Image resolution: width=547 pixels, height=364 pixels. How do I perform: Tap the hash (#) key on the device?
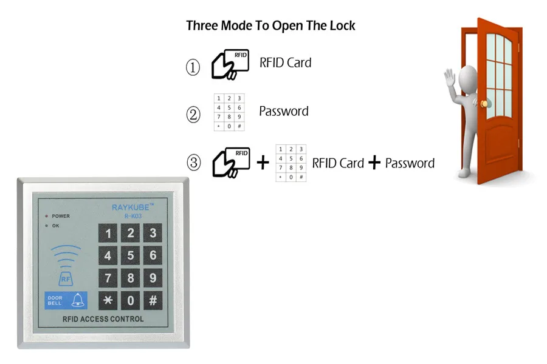(x=153, y=300)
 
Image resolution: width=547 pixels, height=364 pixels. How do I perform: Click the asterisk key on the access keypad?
(x=108, y=300)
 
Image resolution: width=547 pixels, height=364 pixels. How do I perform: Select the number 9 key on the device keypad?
(x=153, y=278)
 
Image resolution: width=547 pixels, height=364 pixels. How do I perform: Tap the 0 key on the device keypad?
(x=131, y=300)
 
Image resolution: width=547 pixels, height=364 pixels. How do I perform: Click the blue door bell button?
(x=66, y=300)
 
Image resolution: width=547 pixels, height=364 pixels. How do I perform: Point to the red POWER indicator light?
(x=46, y=216)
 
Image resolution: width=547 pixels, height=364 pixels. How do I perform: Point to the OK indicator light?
(x=46, y=226)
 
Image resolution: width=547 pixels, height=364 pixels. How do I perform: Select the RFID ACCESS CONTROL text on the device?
(x=103, y=319)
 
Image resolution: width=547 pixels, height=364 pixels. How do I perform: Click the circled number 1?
(x=193, y=67)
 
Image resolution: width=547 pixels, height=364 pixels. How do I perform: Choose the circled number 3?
(x=193, y=163)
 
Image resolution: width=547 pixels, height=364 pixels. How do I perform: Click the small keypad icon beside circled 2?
(x=229, y=112)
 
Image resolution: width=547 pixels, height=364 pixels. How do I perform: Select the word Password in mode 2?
(x=283, y=112)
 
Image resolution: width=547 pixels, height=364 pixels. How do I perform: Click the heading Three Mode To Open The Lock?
(x=270, y=26)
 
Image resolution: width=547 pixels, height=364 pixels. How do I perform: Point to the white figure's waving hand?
(x=450, y=79)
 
